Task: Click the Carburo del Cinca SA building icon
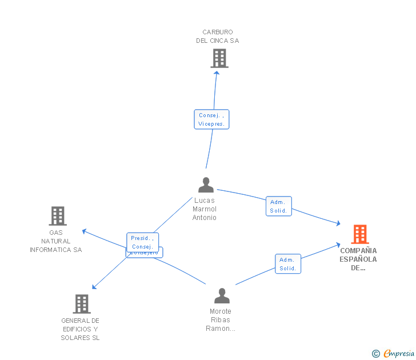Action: tap(219, 58)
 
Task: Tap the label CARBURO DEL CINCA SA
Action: tap(217, 37)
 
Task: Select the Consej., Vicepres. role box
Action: tap(211, 119)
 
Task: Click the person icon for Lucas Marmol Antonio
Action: tap(206, 185)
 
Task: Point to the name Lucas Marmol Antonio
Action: tap(205, 209)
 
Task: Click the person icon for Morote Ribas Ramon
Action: tap(222, 295)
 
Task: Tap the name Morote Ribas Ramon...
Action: tap(221, 320)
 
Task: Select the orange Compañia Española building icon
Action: tap(359, 234)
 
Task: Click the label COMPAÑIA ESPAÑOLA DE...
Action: tap(358, 259)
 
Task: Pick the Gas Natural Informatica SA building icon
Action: tap(57, 216)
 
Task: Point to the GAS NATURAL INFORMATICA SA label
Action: tap(56, 241)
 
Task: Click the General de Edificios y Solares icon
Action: tap(82, 304)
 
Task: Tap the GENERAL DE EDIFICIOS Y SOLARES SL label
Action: tap(80, 329)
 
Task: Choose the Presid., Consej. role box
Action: tap(142, 242)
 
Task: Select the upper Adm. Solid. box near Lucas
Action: tap(278, 206)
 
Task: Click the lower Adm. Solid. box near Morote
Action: tap(287, 264)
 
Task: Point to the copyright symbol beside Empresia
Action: tap(375, 354)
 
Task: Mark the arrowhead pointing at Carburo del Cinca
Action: tap(217, 74)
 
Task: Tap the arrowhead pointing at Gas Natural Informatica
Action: tap(83, 231)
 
